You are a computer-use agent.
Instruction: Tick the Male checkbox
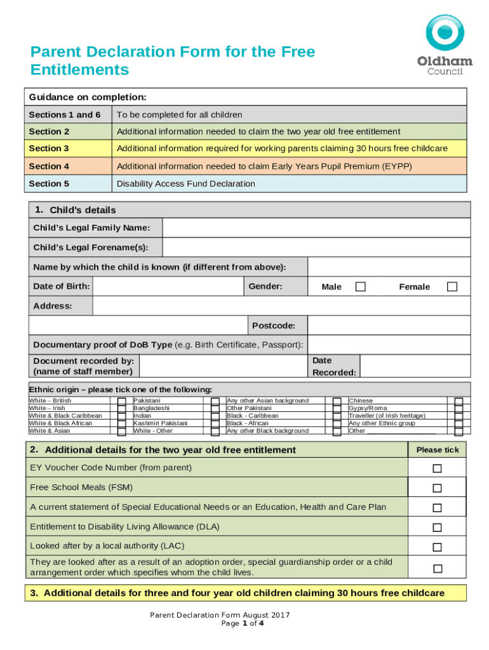point(360,287)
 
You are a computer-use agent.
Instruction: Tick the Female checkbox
point(452,287)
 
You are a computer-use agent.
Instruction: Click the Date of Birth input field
point(168,287)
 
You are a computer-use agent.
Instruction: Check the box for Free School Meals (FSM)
point(437,488)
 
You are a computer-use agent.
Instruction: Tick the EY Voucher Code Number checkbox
point(437,468)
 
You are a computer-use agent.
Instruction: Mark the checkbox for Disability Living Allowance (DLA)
point(437,527)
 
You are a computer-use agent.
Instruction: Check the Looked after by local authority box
point(437,547)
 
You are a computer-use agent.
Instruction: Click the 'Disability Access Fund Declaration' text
point(185,184)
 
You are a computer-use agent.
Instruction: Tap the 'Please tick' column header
point(437,449)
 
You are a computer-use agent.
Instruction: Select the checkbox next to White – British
point(121,401)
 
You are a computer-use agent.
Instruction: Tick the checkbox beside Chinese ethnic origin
point(459,401)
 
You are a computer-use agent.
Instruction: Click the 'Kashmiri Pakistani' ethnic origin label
point(160,423)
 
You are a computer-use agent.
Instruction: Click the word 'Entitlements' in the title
point(79,69)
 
